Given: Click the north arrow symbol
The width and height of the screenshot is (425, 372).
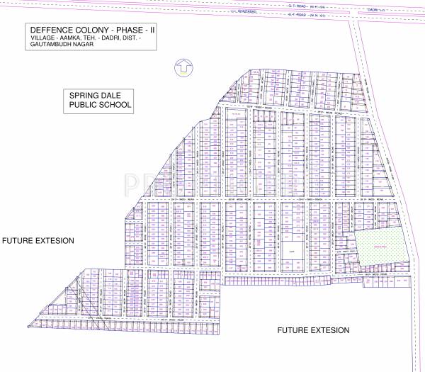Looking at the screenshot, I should (x=183, y=66).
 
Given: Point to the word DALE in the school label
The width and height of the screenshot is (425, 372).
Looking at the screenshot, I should (x=114, y=94).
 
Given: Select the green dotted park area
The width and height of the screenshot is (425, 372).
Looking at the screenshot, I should (x=381, y=247).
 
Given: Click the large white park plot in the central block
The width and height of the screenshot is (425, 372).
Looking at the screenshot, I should (x=290, y=251).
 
